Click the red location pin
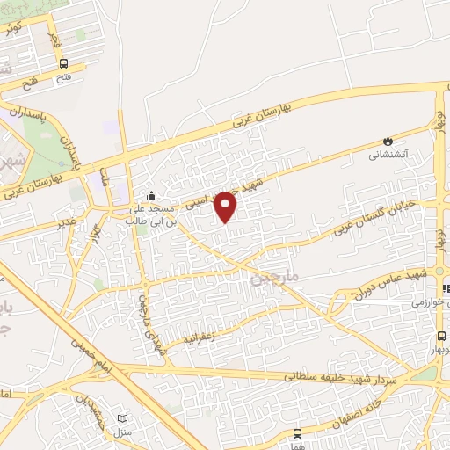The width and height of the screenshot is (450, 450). tap(226, 206)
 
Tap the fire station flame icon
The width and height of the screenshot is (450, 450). tap(387, 141)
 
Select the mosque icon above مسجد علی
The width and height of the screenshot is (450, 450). tap(152, 195)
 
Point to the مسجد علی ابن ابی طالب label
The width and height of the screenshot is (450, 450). tap(152, 214)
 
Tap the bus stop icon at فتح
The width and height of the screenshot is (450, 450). tap(63, 63)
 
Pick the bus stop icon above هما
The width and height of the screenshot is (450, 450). tap(297, 433)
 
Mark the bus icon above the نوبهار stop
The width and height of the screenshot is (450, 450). tap(441, 336)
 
